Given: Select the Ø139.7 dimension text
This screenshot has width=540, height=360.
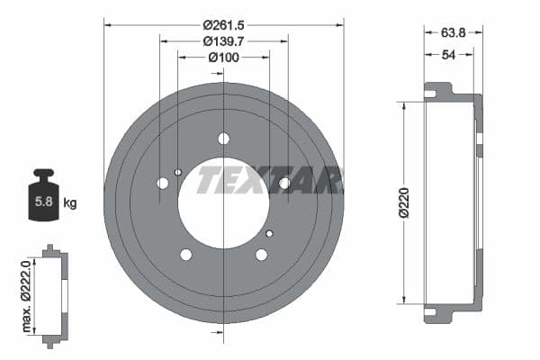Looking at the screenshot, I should pos(224,41).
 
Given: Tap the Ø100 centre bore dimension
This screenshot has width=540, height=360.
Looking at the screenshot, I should pos(224,58).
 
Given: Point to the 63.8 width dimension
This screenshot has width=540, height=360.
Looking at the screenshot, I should pos(453,32).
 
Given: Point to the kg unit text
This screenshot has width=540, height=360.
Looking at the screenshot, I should pos(70,203).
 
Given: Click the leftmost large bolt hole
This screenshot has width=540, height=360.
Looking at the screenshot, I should pos(163,184).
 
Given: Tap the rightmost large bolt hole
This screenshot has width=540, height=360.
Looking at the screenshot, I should pos(284,184).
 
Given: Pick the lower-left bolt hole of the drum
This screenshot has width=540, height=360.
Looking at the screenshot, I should pos(186,255).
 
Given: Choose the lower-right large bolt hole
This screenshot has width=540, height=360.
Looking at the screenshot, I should pos(261,255).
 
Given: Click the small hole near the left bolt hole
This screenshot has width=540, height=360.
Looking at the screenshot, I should pos(178,172).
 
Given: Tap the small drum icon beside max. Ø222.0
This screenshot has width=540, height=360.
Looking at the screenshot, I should pos(54,292).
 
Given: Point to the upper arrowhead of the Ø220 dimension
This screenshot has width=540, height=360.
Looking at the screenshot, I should pos(403,106).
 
